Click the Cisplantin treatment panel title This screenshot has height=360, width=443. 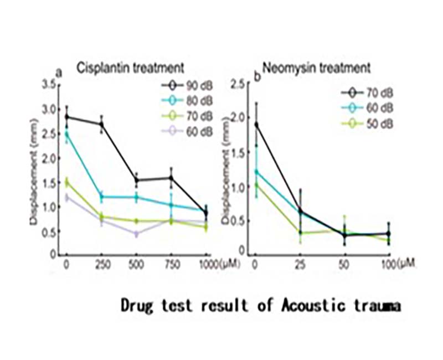(x=130, y=68)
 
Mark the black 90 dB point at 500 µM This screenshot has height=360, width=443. (x=136, y=180)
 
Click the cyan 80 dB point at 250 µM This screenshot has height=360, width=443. (x=102, y=197)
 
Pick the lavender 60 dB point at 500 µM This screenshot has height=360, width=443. (x=136, y=234)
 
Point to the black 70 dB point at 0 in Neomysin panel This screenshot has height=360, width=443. (x=255, y=125)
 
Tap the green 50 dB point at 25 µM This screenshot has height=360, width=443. (x=300, y=233)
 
